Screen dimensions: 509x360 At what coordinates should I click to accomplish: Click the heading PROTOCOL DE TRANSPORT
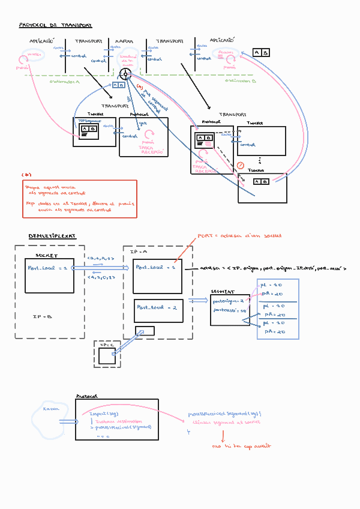[x=55, y=26]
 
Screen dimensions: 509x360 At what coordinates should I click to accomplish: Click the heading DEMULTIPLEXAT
[x=52, y=236]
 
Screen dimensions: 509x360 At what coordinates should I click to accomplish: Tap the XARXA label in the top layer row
[x=124, y=41]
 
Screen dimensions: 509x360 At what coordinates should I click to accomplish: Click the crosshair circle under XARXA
[x=125, y=74]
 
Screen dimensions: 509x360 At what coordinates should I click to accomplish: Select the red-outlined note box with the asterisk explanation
[x=79, y=199]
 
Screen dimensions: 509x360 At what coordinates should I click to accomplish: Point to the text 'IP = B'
[x=41, y=315]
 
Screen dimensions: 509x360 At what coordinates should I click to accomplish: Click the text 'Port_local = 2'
[x=157, y=307]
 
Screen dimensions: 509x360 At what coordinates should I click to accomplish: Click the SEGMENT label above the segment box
[x=221, y=291]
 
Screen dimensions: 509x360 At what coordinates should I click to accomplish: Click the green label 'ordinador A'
[x=64, y=81]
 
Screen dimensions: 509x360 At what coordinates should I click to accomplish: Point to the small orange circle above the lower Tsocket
[x=241, y=165]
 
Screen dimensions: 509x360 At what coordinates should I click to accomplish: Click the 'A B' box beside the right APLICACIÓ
[x=260, y=53]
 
